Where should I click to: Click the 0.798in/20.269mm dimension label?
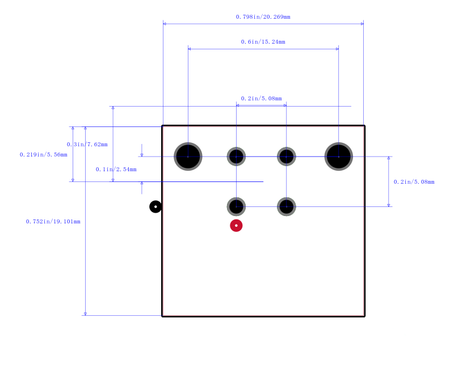coord(263,17)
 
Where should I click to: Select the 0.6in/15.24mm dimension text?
coord(263,41)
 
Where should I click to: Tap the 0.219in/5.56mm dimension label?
coord(44,154)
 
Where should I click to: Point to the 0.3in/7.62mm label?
coord(87,145)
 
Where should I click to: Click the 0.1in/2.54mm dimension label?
coord(116,169)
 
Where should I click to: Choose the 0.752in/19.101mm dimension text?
coord(53,221)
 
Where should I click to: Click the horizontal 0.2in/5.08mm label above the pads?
coord(261,98)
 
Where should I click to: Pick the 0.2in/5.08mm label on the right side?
coord(414,181)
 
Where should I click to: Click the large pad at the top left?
coord(188,156)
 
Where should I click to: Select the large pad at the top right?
coord(338,156)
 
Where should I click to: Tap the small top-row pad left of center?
coord(236,156)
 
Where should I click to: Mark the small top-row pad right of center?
coord(287,156)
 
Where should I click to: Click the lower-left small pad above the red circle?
coord(236,206)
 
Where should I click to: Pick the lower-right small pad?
coord(287,206)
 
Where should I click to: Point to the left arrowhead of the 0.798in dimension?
coord(165,24)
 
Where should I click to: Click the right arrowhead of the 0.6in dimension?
coord(337,49)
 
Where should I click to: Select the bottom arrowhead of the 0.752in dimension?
coord(85,314)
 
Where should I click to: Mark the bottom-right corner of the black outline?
coord(364,316)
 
